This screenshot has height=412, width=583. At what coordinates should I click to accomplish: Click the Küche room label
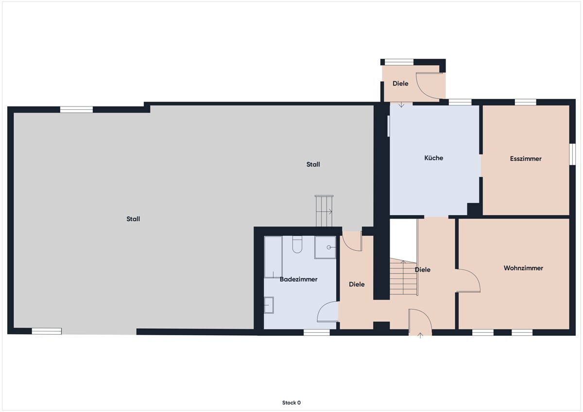click(433, 158)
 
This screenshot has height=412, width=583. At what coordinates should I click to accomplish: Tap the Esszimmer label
click(526, 159)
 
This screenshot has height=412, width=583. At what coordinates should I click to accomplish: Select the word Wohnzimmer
click(523, 268)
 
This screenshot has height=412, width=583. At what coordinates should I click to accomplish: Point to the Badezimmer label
click(298, 279)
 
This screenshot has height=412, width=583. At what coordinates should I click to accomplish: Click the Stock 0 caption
click(291, 403)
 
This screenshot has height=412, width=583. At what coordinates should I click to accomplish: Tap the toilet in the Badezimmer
click(297, 244)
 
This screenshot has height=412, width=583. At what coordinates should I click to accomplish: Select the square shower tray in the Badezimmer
click(325, 247)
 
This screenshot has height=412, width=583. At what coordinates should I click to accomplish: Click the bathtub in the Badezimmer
click(273, 257)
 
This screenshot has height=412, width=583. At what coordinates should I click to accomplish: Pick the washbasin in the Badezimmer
click(269, 305)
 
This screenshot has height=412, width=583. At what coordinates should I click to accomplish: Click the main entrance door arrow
click(420, 335)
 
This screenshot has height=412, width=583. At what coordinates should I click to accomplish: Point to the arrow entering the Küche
click(401, 104)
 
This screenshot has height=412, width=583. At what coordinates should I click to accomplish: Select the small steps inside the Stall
click(324, 211)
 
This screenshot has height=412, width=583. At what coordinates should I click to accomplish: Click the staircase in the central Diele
click(403, 277)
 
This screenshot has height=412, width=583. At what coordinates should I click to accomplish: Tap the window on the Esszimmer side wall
click(572, 154)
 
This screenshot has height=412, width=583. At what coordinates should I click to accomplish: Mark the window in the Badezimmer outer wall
click(316, 332)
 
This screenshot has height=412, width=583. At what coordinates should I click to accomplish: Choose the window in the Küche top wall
click(460, 102)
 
